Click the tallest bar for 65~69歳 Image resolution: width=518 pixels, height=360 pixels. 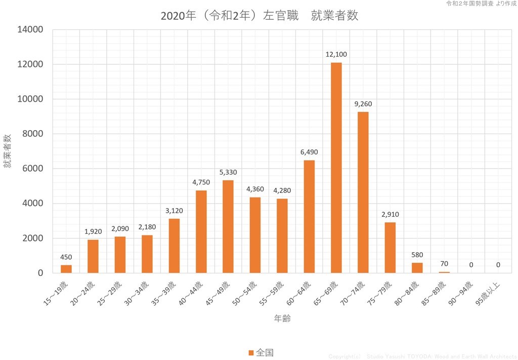(336, 168)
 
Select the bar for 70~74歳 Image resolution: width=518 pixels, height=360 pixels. (363, 192)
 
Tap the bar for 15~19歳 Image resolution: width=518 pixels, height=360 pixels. (66, 269)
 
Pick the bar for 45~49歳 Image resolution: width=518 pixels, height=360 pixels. (228, 226)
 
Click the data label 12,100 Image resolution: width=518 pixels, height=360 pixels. (336, 54)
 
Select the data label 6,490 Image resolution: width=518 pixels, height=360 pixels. (309, 152)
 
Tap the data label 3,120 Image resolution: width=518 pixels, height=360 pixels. (174, 210)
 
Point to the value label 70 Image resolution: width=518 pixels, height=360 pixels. (444, 264)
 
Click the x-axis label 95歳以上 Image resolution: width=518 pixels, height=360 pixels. (490, 294)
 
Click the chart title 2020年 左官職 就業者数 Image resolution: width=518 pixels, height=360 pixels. (259, 16)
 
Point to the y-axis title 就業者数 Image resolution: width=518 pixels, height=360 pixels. (8, 151)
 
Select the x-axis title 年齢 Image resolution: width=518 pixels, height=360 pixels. (282, 318)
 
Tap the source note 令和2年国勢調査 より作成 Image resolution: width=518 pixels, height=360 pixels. (481, 4)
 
